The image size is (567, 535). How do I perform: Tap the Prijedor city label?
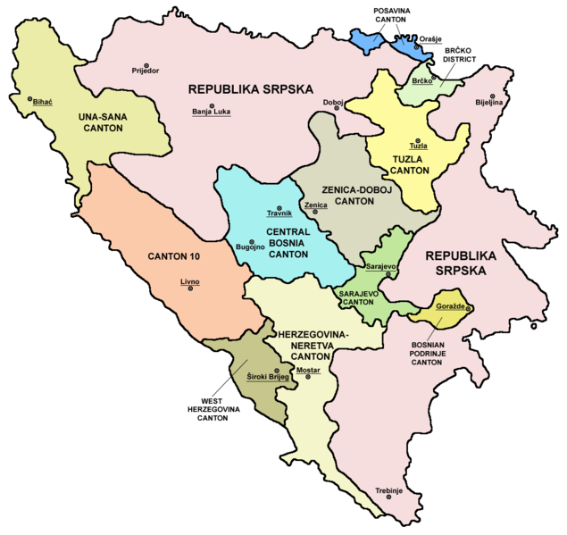pos(144,70)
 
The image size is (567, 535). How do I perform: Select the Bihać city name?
pos(43,103)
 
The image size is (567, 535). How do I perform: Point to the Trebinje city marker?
pos(389,497)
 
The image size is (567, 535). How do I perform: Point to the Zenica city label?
pos(314,205)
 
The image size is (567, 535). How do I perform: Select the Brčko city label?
pos(421,81)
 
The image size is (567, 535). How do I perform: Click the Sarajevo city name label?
pos(380,267)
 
